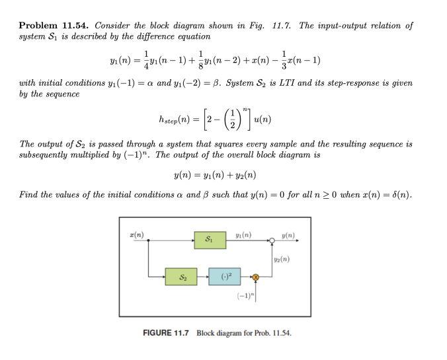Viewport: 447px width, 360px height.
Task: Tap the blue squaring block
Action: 224,278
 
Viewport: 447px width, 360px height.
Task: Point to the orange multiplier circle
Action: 257,278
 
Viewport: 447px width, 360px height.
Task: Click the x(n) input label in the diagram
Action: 138,235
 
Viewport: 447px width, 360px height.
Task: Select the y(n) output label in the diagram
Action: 288,235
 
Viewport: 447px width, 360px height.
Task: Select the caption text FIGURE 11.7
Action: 165,332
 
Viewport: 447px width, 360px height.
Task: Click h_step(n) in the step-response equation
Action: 174,120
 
